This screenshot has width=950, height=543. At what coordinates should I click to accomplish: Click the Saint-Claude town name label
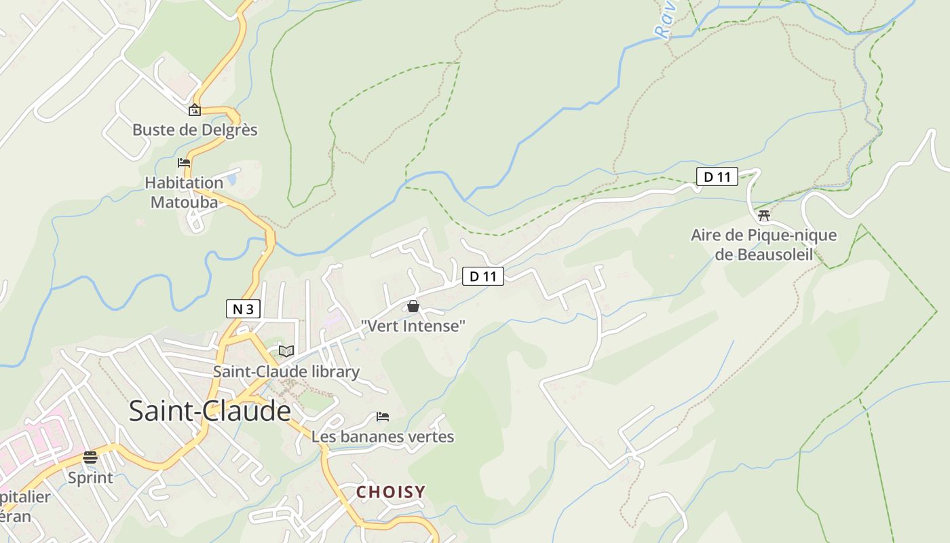tap(210, 411)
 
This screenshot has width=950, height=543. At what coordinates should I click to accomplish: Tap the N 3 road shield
tap(243, 310)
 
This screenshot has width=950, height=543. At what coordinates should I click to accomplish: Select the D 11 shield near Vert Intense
tap(483, 276)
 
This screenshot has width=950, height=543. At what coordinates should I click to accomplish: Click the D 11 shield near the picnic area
tap(717, 177)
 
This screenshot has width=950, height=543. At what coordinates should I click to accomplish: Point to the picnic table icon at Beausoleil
tap(764, 216)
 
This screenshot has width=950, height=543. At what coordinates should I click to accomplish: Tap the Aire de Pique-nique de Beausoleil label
tap(763, 245)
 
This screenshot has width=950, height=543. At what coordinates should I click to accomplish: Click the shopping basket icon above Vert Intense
tap(413, 307)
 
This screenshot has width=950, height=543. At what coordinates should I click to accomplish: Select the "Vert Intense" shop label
tap(413, 326)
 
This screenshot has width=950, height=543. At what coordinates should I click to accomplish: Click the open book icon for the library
tap(286, 351)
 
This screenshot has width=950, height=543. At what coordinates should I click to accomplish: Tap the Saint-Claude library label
tap(286, 372)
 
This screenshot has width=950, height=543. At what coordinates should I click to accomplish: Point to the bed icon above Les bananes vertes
tap(383, 416)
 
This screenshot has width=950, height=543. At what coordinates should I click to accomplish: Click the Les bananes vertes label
tap(383, 436)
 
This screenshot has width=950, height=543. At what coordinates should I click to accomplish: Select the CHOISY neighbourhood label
tap(391, 492)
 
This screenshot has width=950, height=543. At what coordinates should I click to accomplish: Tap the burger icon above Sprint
tap(90, 457)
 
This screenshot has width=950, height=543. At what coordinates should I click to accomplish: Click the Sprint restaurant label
tap(90, 478)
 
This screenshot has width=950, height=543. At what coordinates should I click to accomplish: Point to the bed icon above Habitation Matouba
tap(183, 163)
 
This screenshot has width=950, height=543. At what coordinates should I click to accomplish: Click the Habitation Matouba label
tap(184, 192)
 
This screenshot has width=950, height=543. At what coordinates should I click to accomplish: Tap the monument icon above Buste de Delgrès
tap(195, 110)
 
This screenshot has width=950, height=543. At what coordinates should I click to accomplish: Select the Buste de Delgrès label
tap(195, 130)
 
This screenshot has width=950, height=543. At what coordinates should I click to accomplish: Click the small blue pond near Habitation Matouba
tap(233, 179)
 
